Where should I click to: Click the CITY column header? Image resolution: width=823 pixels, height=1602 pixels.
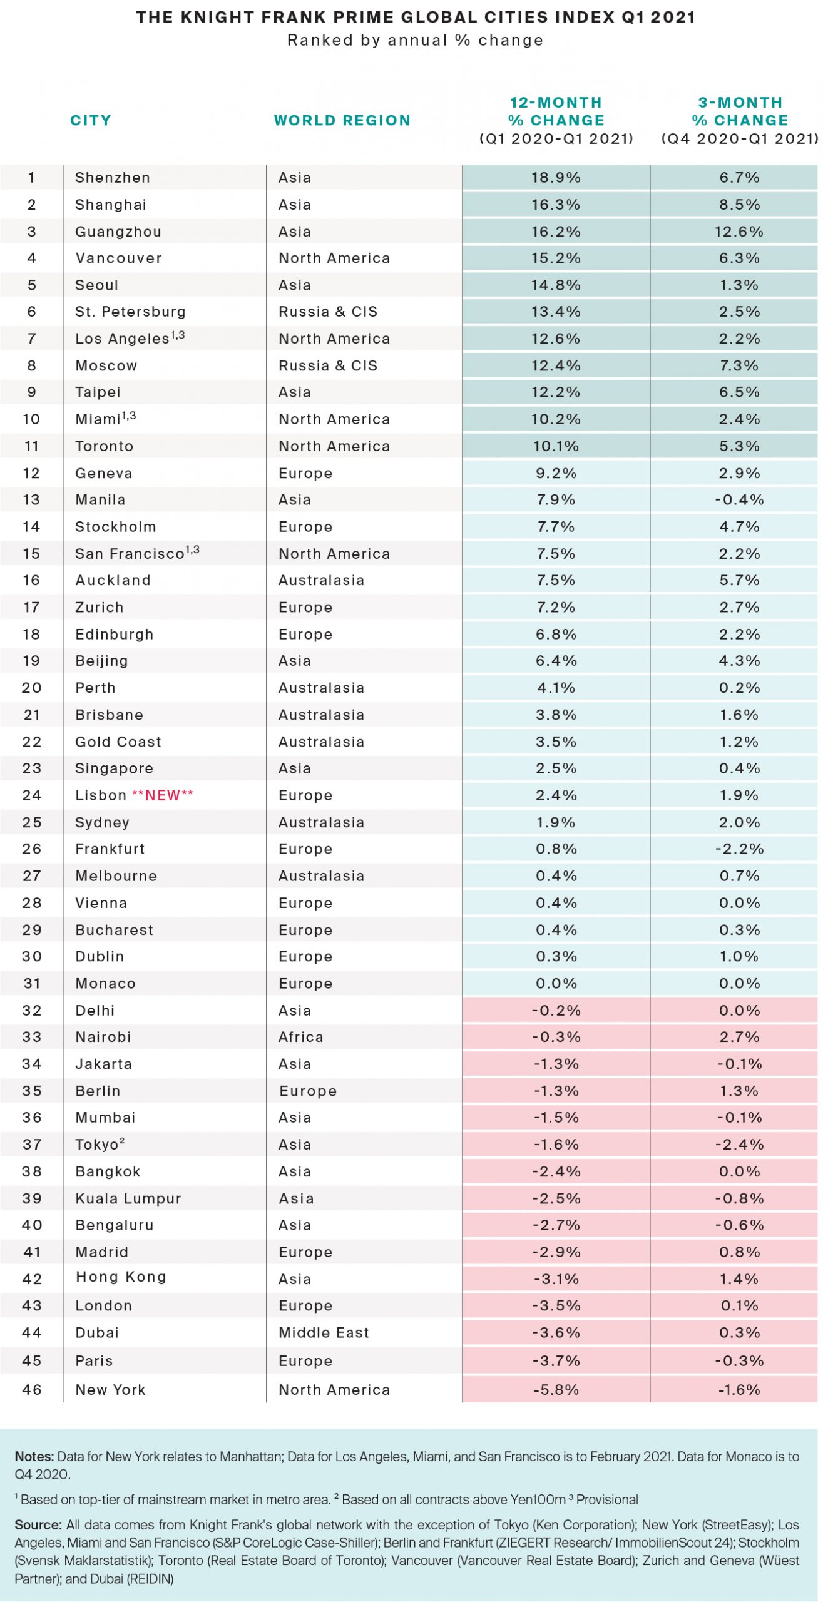coord(90,120)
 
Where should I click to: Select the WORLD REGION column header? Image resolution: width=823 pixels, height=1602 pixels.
coord(342,120)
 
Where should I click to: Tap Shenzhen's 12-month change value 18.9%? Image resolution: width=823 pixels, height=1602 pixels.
coord(556,178)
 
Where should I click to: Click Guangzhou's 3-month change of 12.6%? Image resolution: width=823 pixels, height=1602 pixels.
coord(739,232)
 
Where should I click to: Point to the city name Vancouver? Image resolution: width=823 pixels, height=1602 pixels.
coord(118,258)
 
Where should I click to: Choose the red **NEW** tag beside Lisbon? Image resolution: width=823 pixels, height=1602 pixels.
coord(162,795)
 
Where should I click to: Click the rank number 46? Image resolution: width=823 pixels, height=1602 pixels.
coord(31,1389)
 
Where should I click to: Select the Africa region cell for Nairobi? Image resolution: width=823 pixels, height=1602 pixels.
coord(300,1037)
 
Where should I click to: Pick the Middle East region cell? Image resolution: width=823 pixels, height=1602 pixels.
coord(324,1332)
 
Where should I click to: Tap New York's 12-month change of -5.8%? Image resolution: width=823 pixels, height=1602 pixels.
coord(556,1389)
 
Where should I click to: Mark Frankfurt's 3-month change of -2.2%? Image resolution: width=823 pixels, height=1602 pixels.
coord(739,849)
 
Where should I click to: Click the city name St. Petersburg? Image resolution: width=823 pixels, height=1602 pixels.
coord(130,312)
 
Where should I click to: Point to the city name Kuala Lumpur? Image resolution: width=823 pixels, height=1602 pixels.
coord(128,1198)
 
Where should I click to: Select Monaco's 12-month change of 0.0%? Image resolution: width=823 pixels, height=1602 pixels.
coord(556,983)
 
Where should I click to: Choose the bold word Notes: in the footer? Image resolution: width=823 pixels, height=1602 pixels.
coord(34,1456)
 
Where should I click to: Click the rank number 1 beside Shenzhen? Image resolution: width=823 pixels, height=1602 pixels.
coord(31,178)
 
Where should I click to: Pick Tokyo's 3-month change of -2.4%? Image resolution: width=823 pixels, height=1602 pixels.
coord(739,1145)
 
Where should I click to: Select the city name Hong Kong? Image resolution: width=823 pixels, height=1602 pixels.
coord(121,1277)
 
